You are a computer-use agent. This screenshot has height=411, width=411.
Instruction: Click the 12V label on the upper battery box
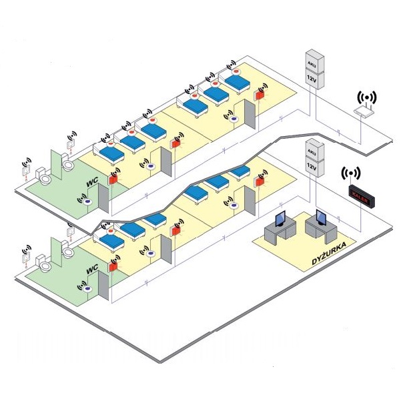tap(312, 77)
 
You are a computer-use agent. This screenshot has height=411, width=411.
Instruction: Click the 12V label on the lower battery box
tap(312, 163)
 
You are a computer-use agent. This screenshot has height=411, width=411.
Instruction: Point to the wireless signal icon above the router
tap(366, 97)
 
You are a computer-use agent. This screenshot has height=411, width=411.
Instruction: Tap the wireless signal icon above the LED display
tap(351, 175)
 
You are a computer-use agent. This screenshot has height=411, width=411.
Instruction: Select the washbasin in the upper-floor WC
tap(68, 161)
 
